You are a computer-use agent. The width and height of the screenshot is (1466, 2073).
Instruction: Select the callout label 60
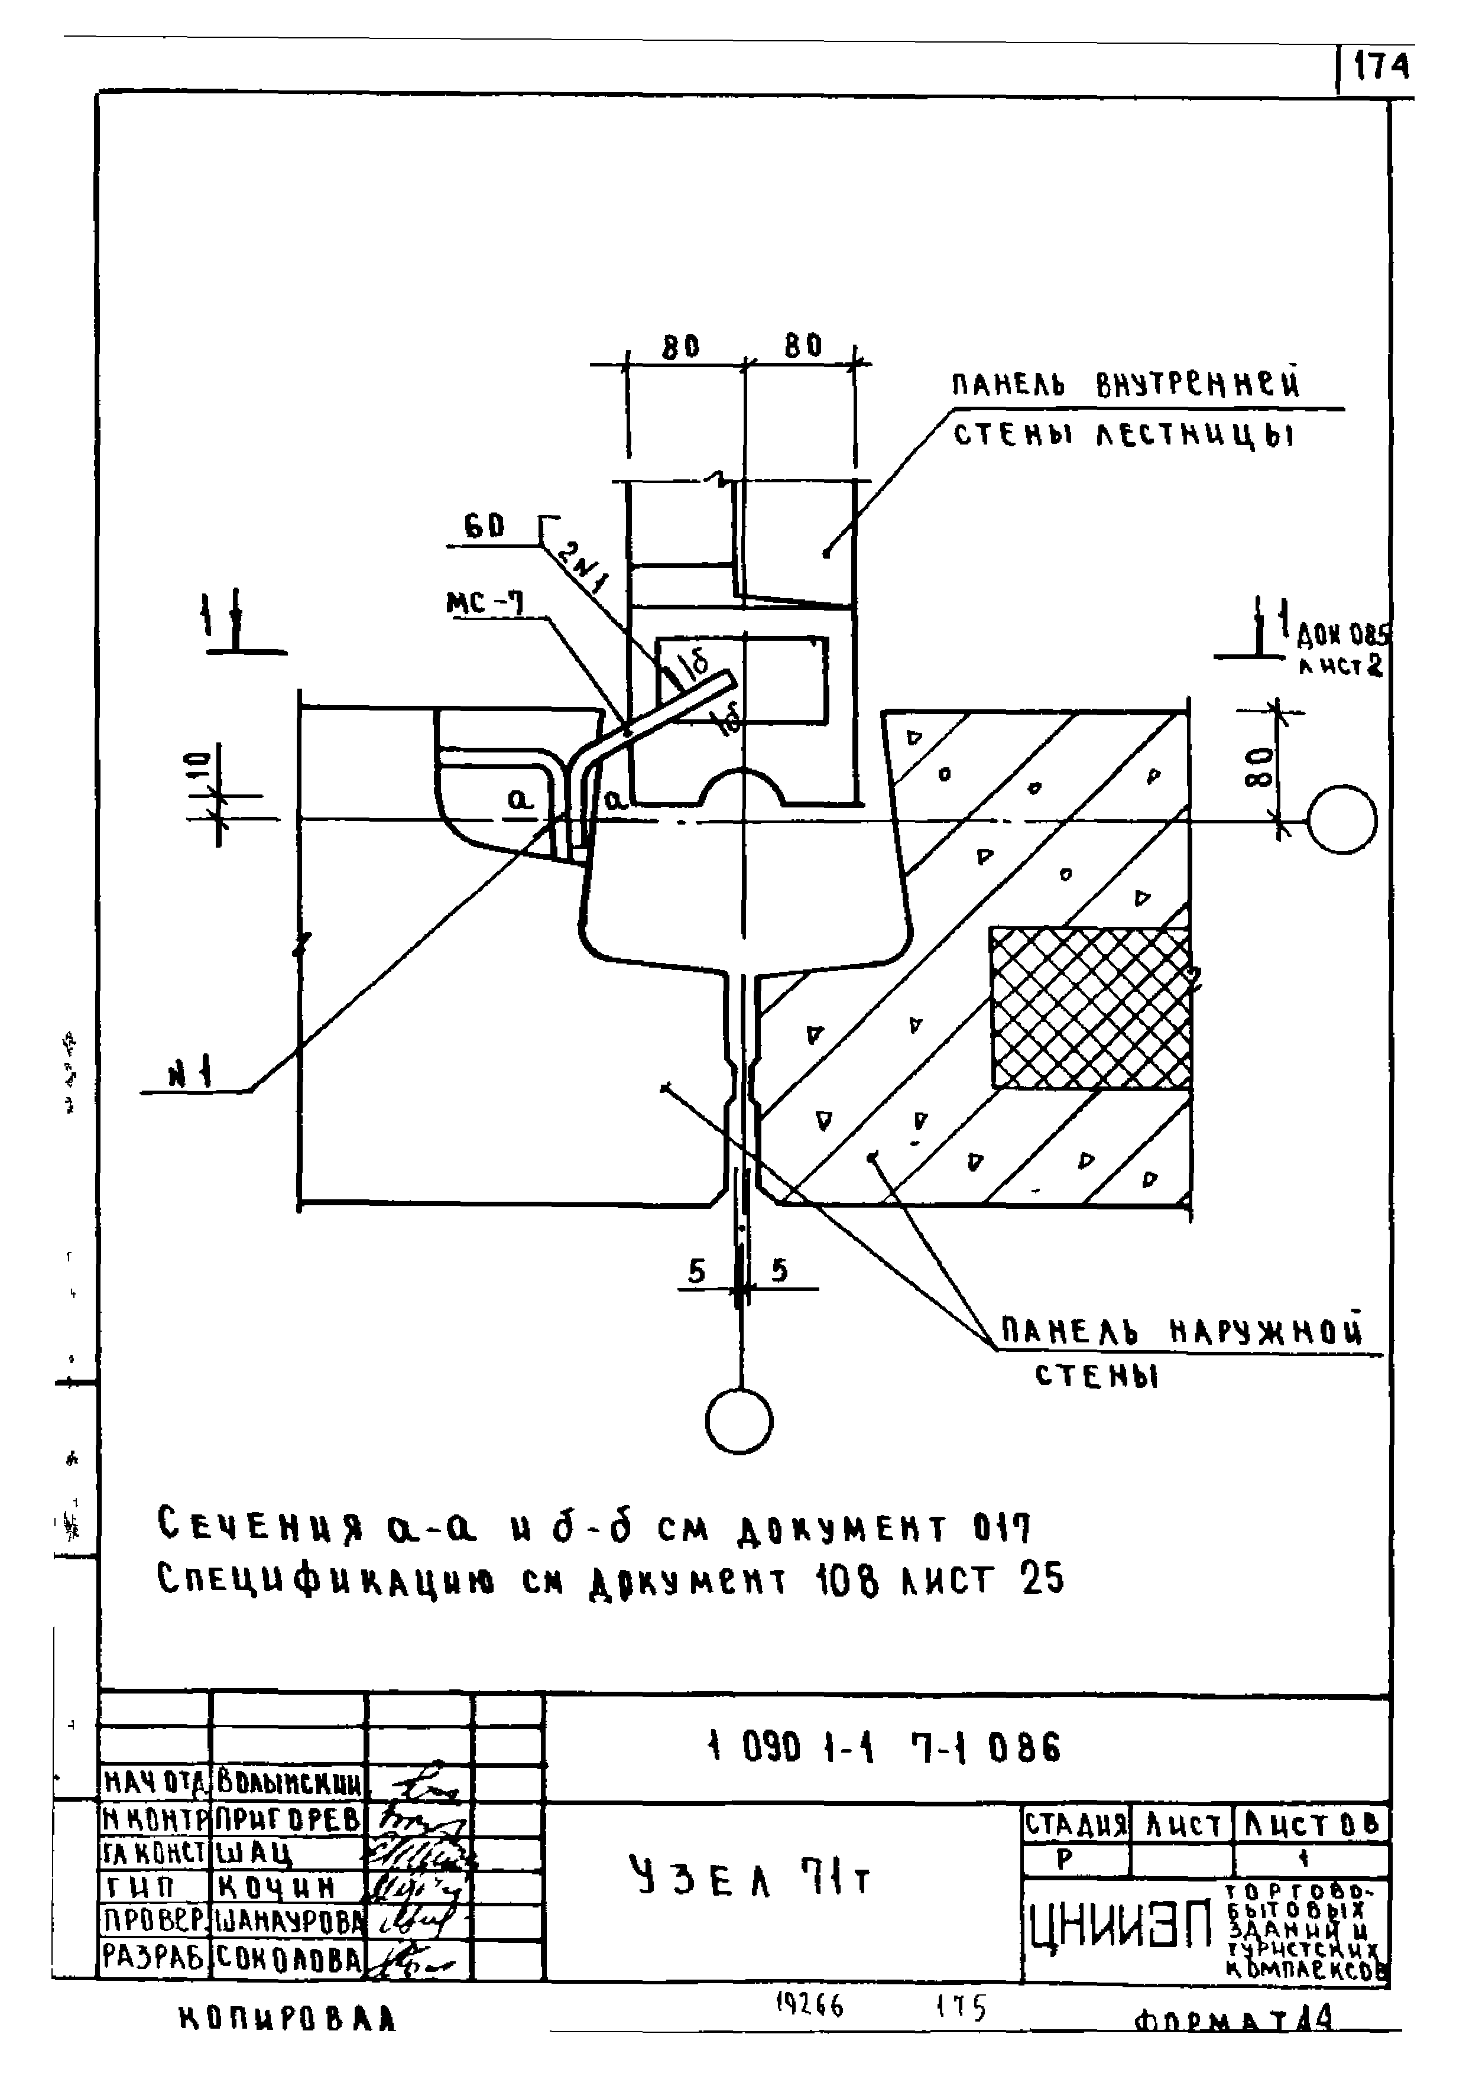click(484, 526)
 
